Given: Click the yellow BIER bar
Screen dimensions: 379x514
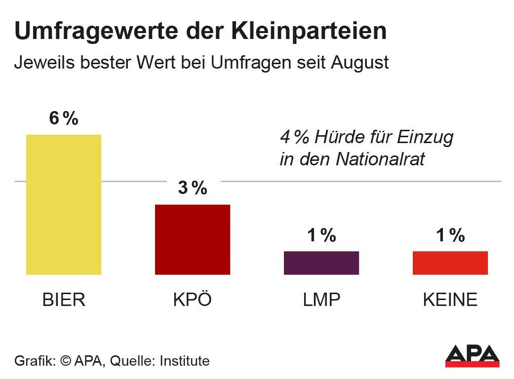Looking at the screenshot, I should (64, 204).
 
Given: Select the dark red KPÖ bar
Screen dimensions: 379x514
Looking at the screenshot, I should (193, 239).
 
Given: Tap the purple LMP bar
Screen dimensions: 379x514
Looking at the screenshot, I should (321, 263).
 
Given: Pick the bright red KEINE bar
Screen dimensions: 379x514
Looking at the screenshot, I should (450, 263).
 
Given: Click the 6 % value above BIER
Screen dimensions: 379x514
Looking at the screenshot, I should (64, 119).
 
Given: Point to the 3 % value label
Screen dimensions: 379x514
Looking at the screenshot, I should (193, 188).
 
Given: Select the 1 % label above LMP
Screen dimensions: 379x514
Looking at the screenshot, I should (321, 236).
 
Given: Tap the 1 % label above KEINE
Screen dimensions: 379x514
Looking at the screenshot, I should (450, 236).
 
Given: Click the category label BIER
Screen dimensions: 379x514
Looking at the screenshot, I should (64, 300).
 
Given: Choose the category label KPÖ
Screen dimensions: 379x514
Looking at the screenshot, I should (193, 300).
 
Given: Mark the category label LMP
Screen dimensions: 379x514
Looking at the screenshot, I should (321, 300).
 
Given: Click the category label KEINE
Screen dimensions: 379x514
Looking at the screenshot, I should (450, 300).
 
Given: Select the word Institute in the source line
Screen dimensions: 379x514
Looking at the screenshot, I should (185, 361).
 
